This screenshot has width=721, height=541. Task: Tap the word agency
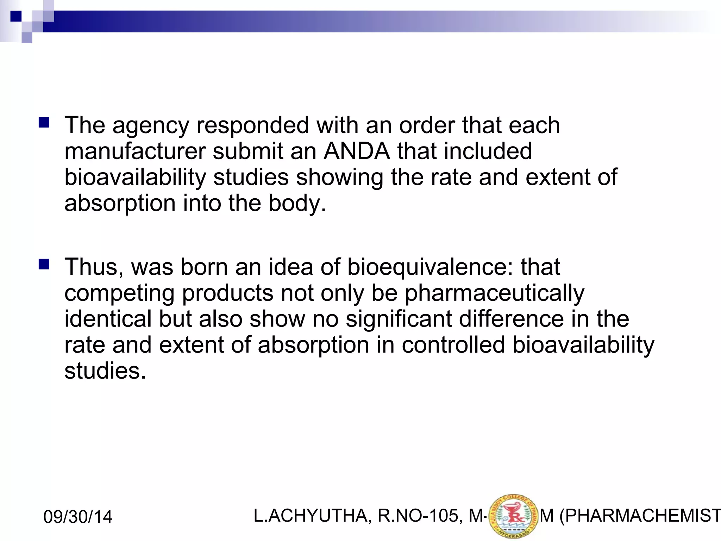[x=151, y=126]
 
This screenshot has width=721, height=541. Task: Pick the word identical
[x=108, y=319]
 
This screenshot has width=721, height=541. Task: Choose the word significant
[x=399, y=319]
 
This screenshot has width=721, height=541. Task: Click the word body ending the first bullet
[x=297, y=204]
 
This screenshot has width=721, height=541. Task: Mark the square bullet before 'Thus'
[x=44, y=264]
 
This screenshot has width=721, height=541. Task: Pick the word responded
[x=252, y=125]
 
